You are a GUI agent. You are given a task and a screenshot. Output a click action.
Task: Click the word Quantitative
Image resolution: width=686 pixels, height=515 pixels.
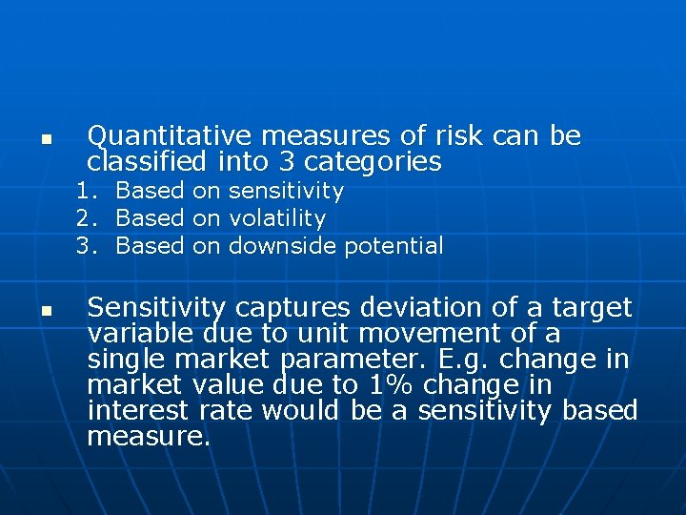(x=169, y=136)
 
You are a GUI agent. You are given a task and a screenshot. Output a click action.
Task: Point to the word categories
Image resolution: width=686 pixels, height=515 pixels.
(x=377, y=161)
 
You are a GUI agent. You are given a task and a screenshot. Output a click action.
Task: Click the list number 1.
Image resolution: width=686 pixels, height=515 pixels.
(x=87, y=191)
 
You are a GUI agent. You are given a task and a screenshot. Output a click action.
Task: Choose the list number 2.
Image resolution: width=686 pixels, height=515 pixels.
(x=87, y=218)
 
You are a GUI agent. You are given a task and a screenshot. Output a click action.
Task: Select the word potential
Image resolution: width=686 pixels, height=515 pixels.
(x=393, y=246)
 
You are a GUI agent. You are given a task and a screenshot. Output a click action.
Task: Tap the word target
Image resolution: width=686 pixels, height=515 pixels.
(x=591, y=308)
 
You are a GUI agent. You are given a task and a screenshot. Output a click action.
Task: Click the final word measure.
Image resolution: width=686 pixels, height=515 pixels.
(x=148, y=438)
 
